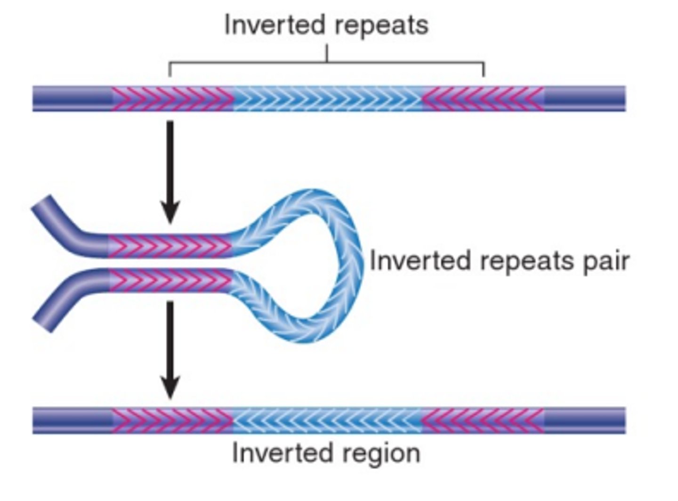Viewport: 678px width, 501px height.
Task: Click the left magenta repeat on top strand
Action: (x=172, y=99)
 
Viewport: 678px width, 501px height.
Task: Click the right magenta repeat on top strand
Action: (x=483, y=99)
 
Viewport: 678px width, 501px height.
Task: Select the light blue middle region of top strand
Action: (x=328, y=99)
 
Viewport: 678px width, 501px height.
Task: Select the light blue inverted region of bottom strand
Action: (x=327, y=420)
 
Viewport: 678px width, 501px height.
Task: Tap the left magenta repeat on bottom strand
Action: (x=172, y=420)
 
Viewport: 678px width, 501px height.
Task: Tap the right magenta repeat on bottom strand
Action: (x=482, y=420)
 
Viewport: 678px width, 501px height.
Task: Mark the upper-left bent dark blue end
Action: (x=59, y=219)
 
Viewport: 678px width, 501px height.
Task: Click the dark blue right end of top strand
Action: (x=585, y=99)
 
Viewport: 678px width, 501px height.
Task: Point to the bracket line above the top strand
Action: (x=327, y=63)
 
